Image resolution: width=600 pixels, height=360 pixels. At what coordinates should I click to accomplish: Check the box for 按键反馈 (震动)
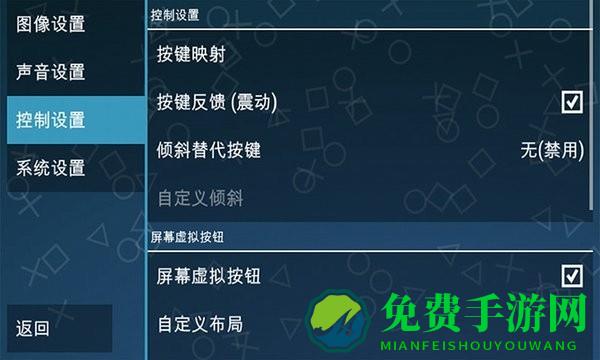tap(572, 102)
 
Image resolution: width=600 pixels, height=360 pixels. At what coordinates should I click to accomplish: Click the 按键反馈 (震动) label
tap(217, 102)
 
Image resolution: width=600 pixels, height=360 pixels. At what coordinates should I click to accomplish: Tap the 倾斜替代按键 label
tap(209, 150)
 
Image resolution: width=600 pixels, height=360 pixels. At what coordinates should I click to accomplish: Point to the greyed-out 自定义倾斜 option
tap(200, 197)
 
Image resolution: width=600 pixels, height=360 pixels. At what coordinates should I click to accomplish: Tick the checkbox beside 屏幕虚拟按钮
tap(572, 275)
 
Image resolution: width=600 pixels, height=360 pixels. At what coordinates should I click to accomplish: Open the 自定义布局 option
tap(200, 323)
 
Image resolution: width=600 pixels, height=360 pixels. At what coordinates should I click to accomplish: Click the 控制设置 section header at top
tap(174, 15)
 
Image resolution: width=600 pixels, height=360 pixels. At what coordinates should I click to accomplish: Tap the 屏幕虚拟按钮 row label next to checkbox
tap(209, 275)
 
